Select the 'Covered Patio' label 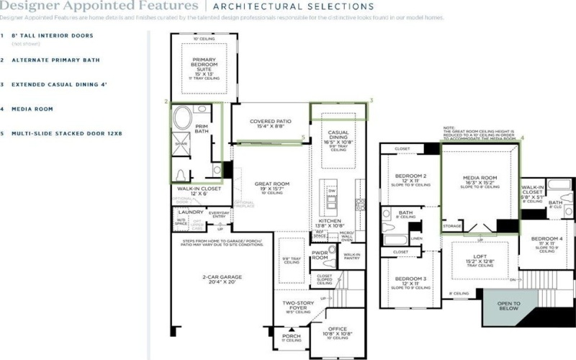point(270,123)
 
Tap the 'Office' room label point(337,330)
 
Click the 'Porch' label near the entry point(292,336)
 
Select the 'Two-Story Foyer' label point(297,305)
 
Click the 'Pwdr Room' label point(320,255)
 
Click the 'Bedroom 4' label point(546,241)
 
